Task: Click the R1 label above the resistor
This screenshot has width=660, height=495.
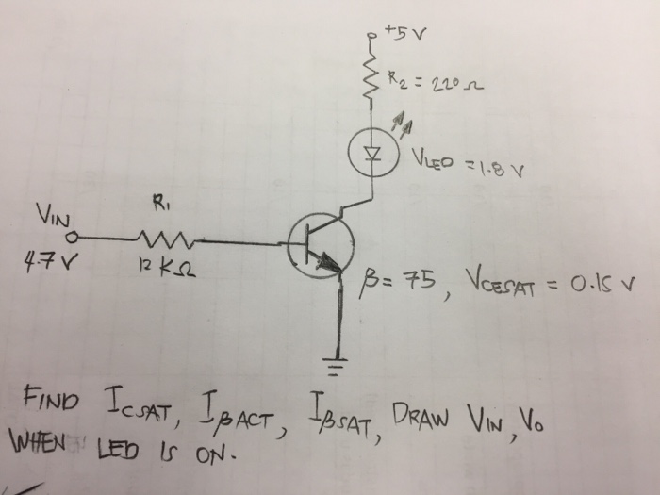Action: click(x=158, y=201)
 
